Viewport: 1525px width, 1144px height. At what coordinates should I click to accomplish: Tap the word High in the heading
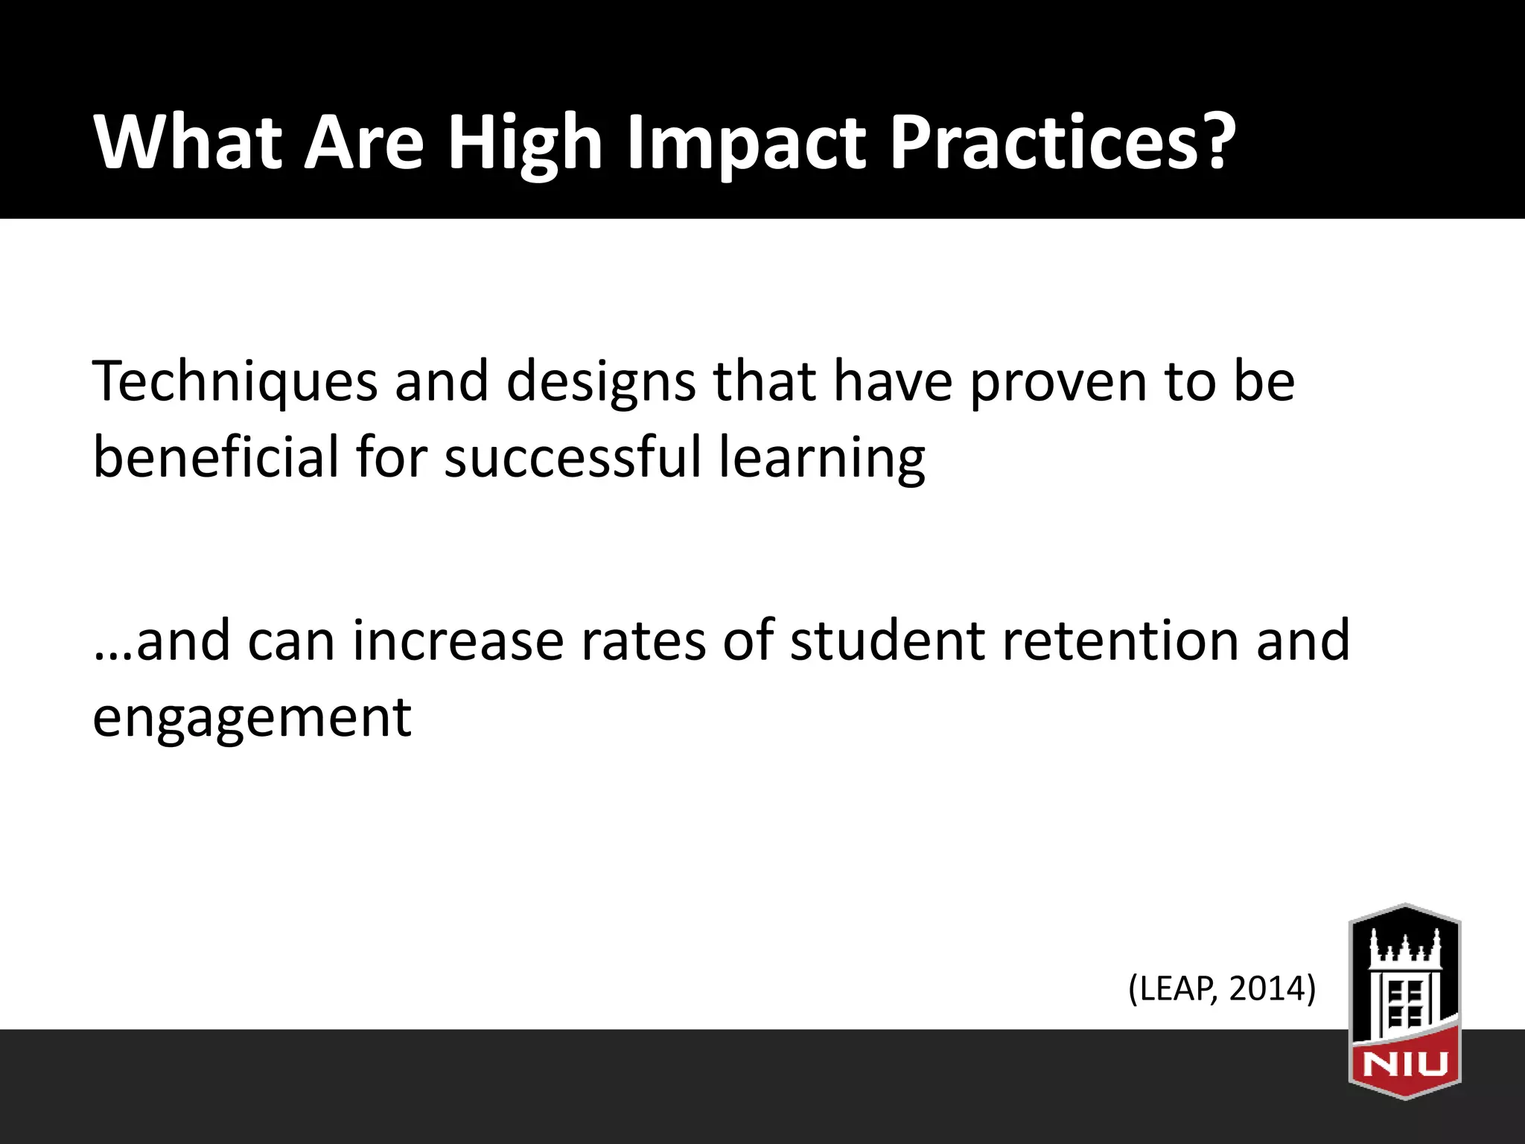524,143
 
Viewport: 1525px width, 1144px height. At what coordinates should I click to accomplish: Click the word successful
573,457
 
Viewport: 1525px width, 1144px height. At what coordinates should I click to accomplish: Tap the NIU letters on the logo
1405,1064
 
